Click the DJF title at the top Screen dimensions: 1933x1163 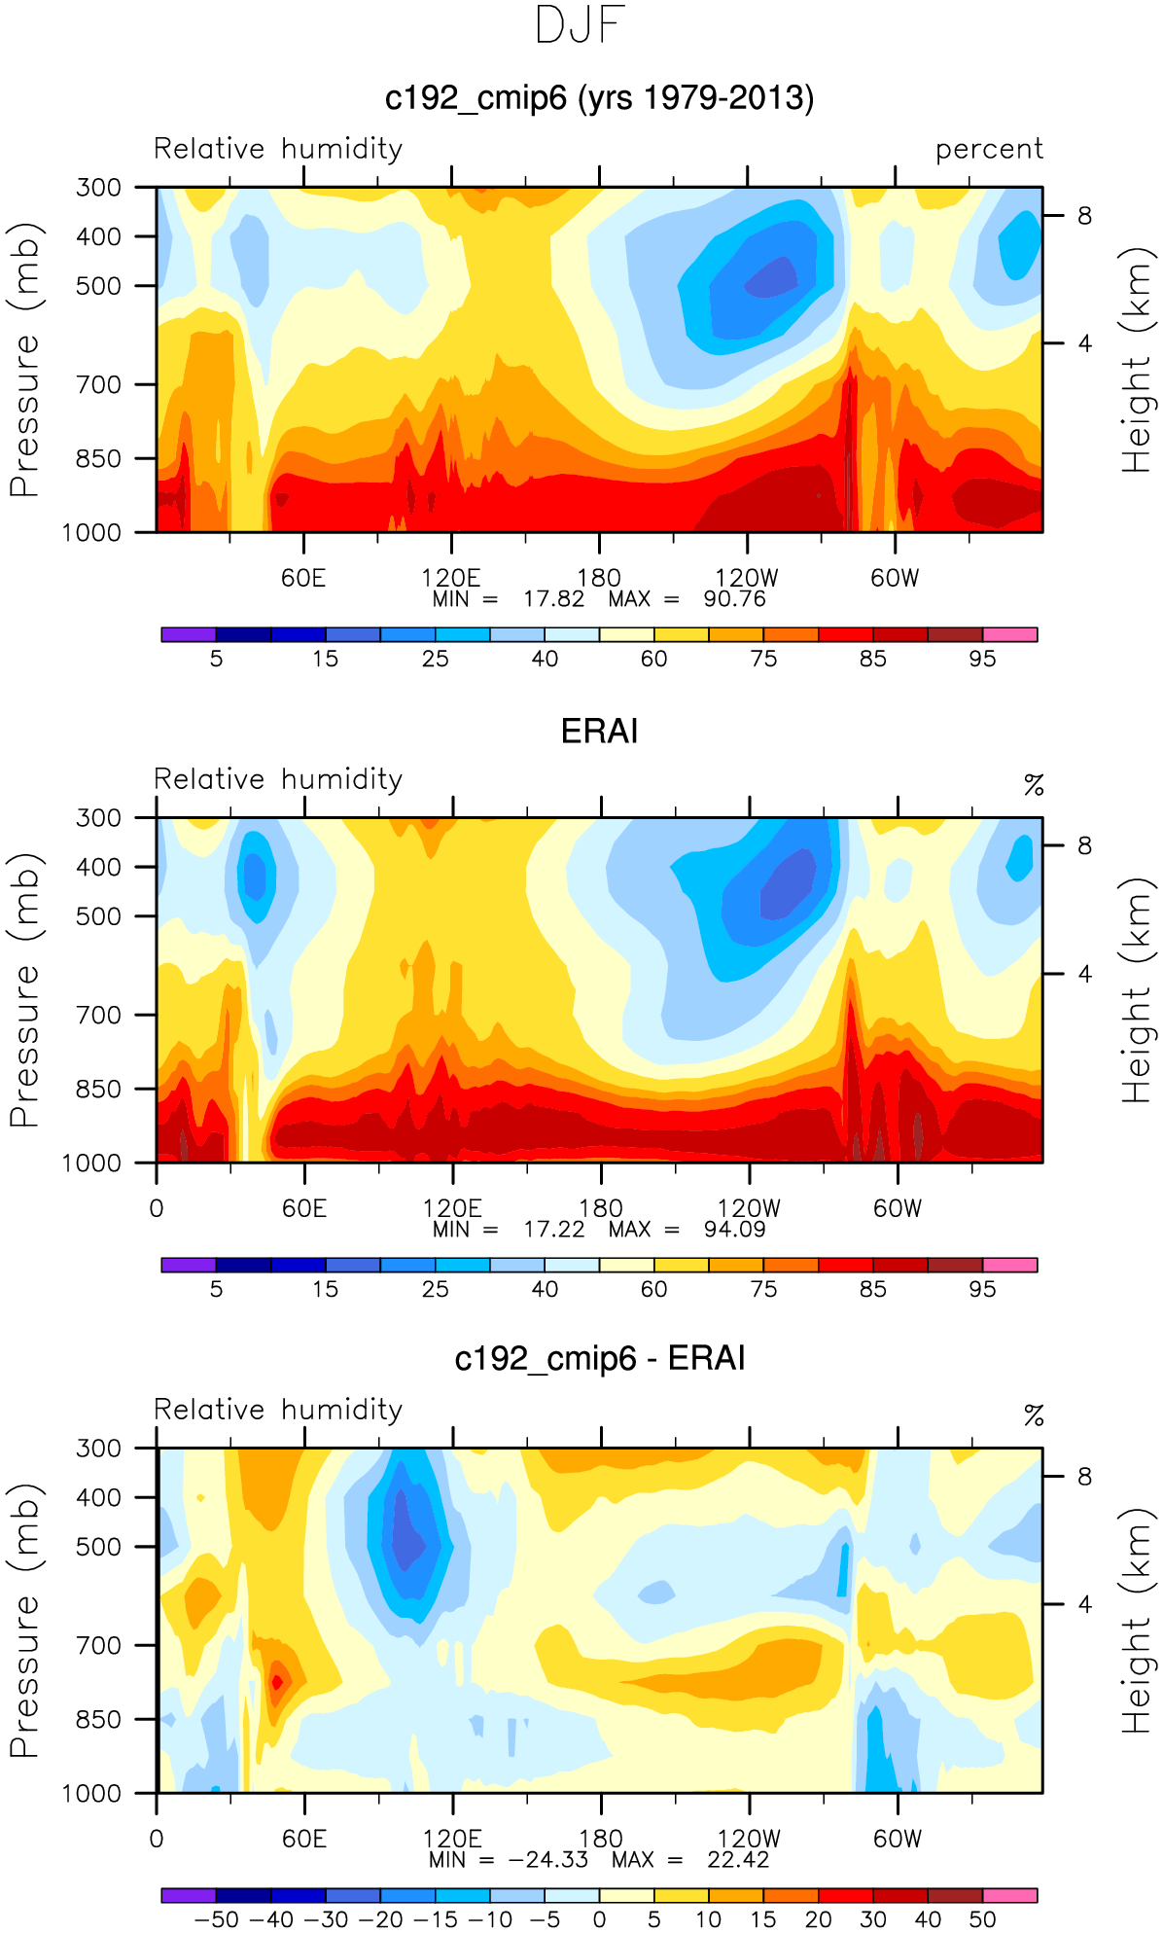tap(580, 26)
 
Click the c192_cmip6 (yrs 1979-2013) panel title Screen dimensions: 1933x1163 tap(599, 98)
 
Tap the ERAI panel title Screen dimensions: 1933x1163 tap(599, 731)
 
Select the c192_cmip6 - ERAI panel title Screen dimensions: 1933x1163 tap(599, 1358)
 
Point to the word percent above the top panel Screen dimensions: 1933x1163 tap(989, 150)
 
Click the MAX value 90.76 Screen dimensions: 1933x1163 tap(734, 599)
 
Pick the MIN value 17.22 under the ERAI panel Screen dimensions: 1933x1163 tap(554, 1230)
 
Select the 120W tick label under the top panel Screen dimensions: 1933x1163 tap(746, 578)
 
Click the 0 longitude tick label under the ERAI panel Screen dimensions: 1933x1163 tap(157, 1208)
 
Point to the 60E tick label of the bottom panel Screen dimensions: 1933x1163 tap(304, 1839)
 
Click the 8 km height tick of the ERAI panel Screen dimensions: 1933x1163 tap(1084, 845)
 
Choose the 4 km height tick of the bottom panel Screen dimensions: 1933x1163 tap(1084, 1604)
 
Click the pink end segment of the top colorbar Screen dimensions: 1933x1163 tap(1009, 634)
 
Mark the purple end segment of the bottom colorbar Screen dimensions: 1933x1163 tap(189, 1895)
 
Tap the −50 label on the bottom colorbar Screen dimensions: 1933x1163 tap(216, 1919)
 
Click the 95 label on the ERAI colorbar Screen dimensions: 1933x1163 tap(982, 1289)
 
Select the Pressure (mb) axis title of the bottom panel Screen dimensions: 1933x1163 tap(26, 1620)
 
